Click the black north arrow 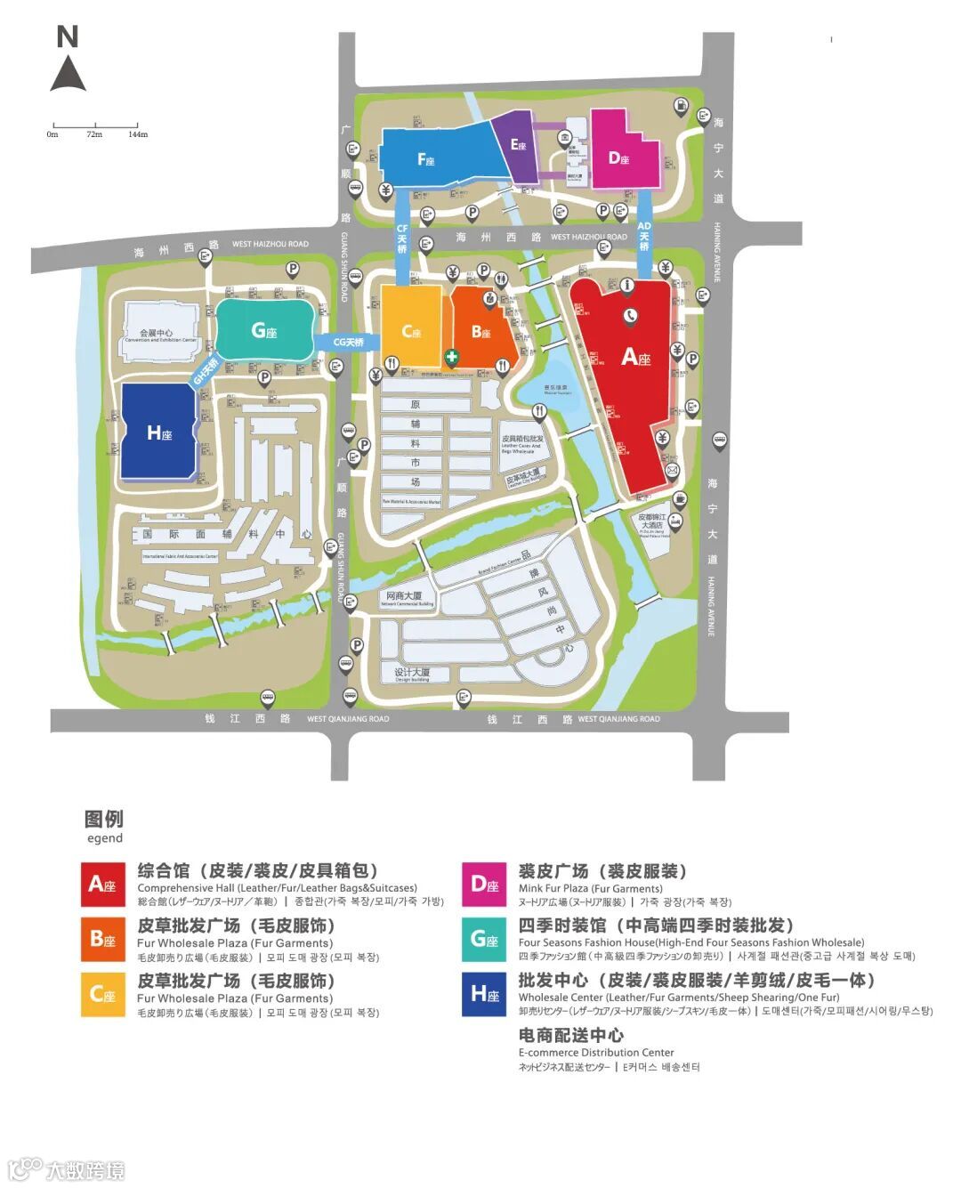coord(68,74)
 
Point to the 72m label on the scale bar coord(94,134)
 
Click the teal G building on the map coord(264,330)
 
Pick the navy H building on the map coord(159,432)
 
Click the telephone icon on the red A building coord(630,313)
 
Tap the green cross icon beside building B coord(452,357)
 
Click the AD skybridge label coord(644,236)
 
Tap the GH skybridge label coord(206,371)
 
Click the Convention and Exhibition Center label coord(161,335)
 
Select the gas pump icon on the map coord(681,104)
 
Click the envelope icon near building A coord(672,469)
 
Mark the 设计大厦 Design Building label coord(412,674)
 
